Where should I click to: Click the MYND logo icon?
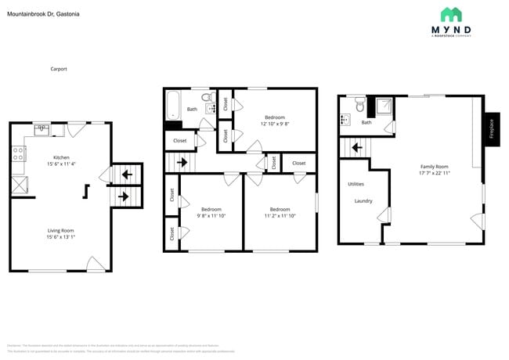(451, 15)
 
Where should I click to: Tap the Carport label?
(59, 69)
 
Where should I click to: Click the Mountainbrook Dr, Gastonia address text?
(43, 14)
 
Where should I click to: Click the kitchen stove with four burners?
(16, 154)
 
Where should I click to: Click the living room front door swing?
(96, 265)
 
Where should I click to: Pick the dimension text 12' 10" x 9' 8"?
(275, 124)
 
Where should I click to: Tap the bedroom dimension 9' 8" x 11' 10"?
(211, 216)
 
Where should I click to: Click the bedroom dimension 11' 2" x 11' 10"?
(280, 216)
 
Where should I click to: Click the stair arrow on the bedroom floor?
(182, 163)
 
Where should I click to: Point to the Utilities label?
(356, 184)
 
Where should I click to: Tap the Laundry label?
(363, 201)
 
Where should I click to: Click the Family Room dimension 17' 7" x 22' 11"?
(434, 172)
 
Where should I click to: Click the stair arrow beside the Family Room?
(356, 147)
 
